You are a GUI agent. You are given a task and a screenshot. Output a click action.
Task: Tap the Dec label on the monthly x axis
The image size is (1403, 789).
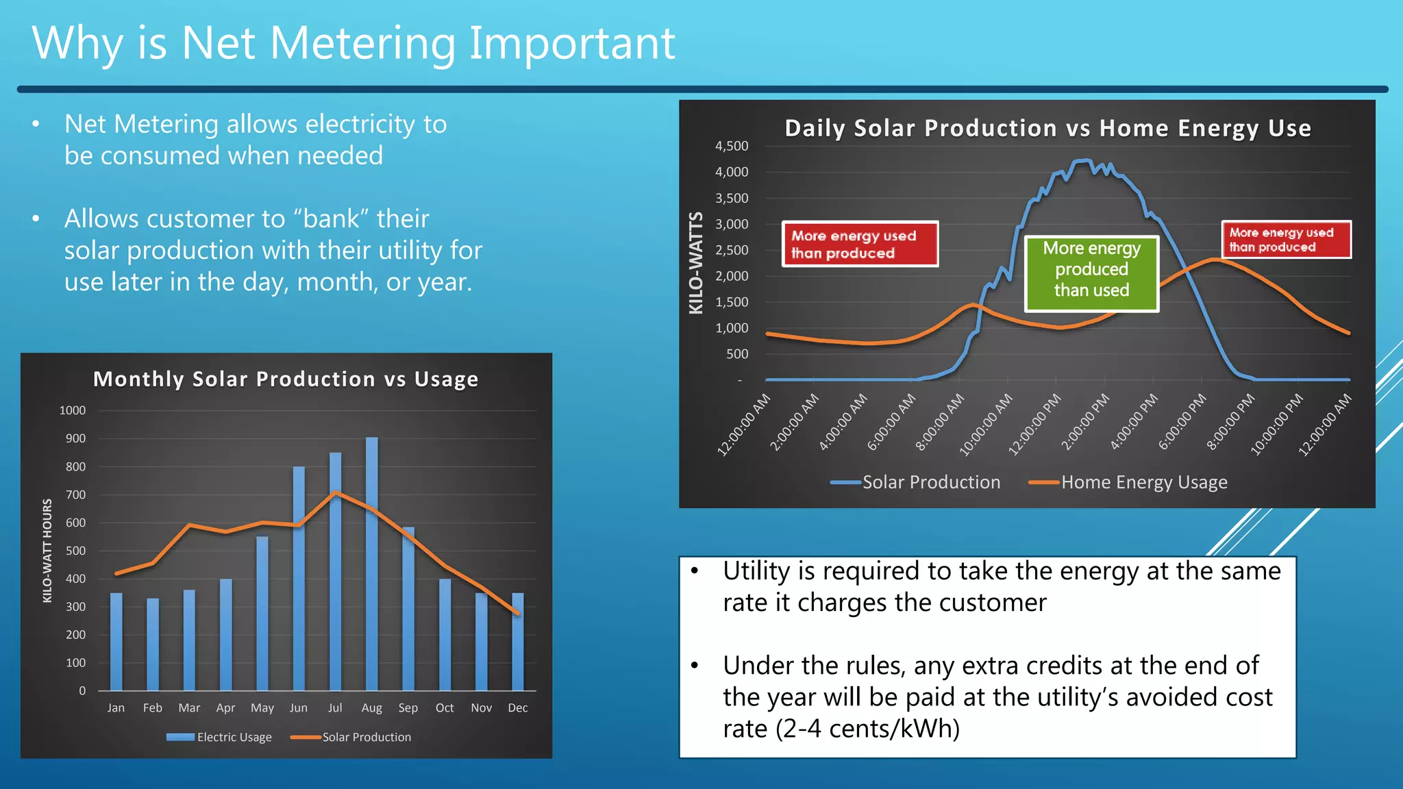pyautogui.click(x=518, y=707)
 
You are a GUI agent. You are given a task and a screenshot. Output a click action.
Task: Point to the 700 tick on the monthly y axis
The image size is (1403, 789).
pyautogui.click(x=75, y=494)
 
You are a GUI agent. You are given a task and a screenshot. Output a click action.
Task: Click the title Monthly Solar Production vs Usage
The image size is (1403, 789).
pyautogui.click(x=286, y=379)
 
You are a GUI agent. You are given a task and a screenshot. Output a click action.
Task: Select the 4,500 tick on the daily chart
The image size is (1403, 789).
pyautogui.click(x=732, y=146)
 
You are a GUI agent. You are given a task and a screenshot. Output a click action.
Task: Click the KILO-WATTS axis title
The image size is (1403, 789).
pyautogui.click(x=696, y=263)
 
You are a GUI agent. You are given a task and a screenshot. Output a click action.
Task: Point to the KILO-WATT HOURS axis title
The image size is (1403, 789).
pyautogui.click(x=47, y=551)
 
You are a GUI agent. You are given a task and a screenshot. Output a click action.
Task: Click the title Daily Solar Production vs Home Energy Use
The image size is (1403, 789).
pyautogui.click(x=1047, y=128)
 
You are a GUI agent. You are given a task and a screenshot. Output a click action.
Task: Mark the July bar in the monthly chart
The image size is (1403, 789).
pyautogui.click(x=335, y=572)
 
